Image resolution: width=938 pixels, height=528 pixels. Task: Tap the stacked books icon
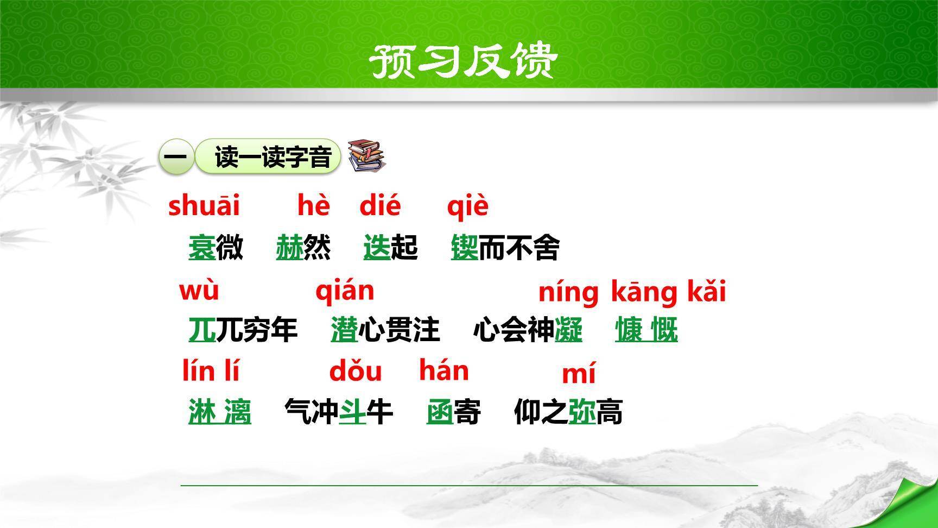(366, 156)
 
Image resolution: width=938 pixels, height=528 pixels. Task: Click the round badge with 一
(176, 157)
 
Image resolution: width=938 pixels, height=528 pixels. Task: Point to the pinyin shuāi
(204, 206)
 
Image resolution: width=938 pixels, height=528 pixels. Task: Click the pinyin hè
(313, 206)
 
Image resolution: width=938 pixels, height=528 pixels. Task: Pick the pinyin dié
(380, 206)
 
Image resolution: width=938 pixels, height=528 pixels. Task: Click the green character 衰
(202, 248)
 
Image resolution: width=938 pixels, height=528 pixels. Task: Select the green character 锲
(464, 248)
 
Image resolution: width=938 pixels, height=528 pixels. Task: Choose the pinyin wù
(199, 291)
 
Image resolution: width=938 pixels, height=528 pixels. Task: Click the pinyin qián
(345, 292)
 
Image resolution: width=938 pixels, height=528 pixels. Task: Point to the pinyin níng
(568, 293)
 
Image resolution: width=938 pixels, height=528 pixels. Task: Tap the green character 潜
(344, 330)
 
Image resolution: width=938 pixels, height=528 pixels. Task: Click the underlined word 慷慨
(646, 330)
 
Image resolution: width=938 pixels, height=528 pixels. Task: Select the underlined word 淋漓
(219, 412)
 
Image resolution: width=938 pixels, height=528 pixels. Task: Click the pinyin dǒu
(356, 372)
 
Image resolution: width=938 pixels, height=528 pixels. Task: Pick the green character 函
(439, 412)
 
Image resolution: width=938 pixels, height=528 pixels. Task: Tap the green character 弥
(581, 412)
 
